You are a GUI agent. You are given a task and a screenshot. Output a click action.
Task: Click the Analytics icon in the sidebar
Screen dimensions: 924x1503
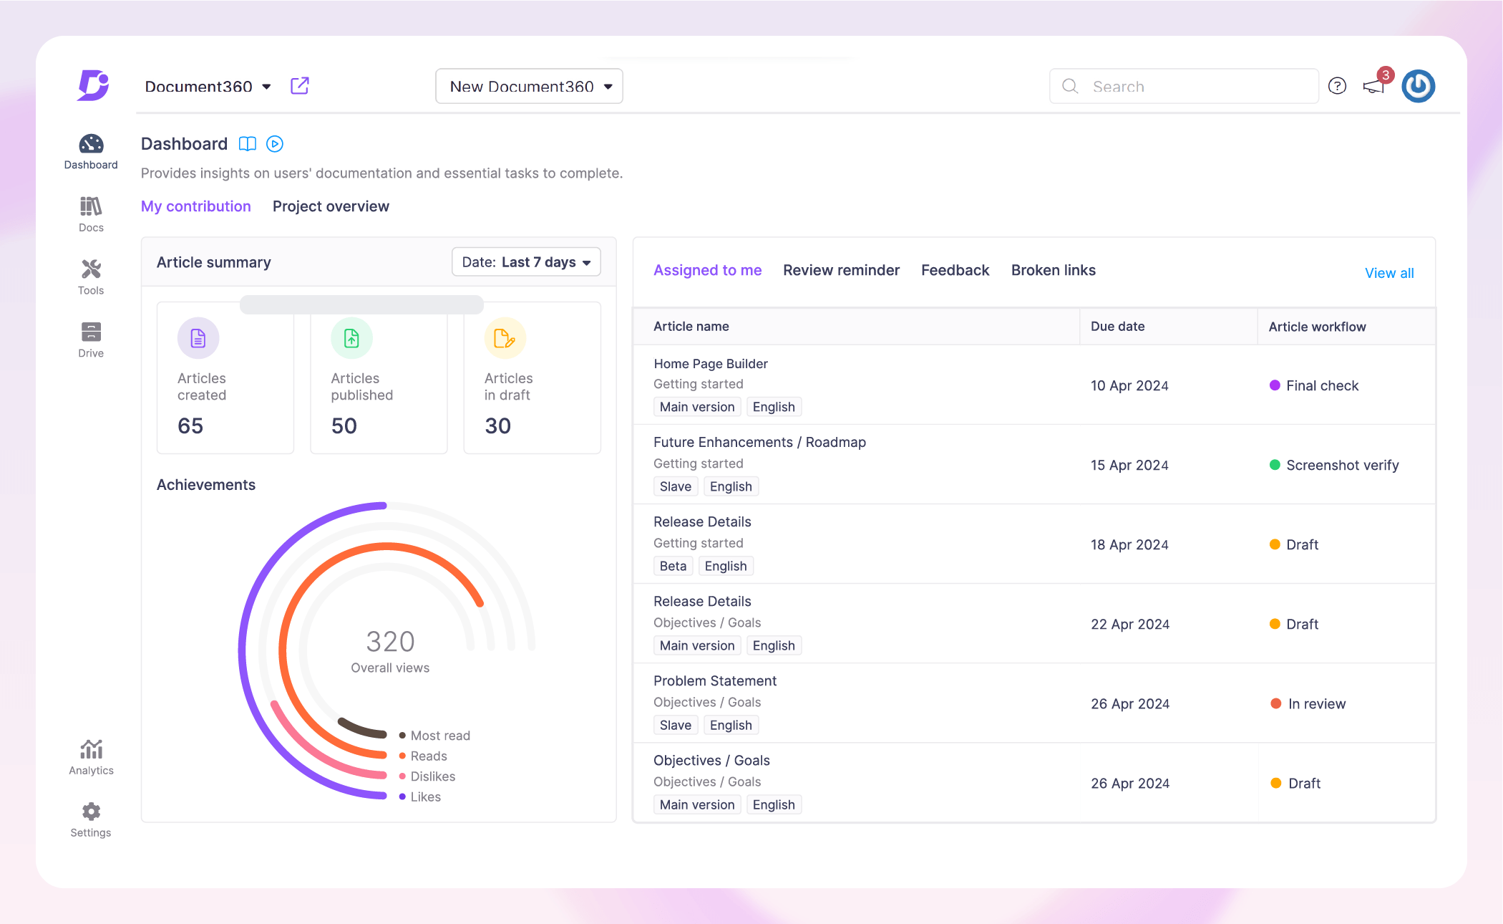tap(91, 750)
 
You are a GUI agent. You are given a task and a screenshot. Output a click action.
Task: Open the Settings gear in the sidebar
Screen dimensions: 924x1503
tap(91, 812)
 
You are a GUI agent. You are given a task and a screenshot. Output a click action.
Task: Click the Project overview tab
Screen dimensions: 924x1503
tap(331, 206)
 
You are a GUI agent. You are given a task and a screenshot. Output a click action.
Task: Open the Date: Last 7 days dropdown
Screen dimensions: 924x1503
tap(526, 262)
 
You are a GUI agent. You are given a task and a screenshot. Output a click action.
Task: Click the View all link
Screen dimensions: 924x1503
tap(1388, 273)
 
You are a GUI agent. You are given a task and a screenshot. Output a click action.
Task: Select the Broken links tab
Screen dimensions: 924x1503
tap(1053, 270)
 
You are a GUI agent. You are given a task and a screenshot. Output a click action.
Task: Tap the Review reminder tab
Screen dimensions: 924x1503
tap(841, 270)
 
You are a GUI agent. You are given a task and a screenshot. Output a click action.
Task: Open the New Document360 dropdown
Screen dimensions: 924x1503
tap(529, 87)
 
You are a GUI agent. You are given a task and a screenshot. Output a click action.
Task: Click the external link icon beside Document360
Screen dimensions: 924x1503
tap(300, 86)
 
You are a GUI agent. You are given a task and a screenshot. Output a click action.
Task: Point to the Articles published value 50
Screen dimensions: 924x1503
tap(344, 426)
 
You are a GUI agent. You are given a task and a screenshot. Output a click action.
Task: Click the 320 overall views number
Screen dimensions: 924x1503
tap(390, 641)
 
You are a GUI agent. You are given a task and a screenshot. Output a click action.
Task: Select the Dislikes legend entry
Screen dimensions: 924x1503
tap(432, 776)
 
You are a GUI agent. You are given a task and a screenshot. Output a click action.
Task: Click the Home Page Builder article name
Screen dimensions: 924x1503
tap(710, 364)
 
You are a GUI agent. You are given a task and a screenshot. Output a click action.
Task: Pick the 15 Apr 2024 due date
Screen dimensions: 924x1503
tap(1129, 465)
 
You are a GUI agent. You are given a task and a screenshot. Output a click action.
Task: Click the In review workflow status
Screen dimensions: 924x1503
tap(1316, 703)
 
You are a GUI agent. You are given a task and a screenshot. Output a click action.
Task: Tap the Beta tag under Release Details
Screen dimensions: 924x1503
tap(673, 566)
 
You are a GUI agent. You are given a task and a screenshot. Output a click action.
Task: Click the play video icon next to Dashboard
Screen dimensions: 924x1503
tap(275, 144)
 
